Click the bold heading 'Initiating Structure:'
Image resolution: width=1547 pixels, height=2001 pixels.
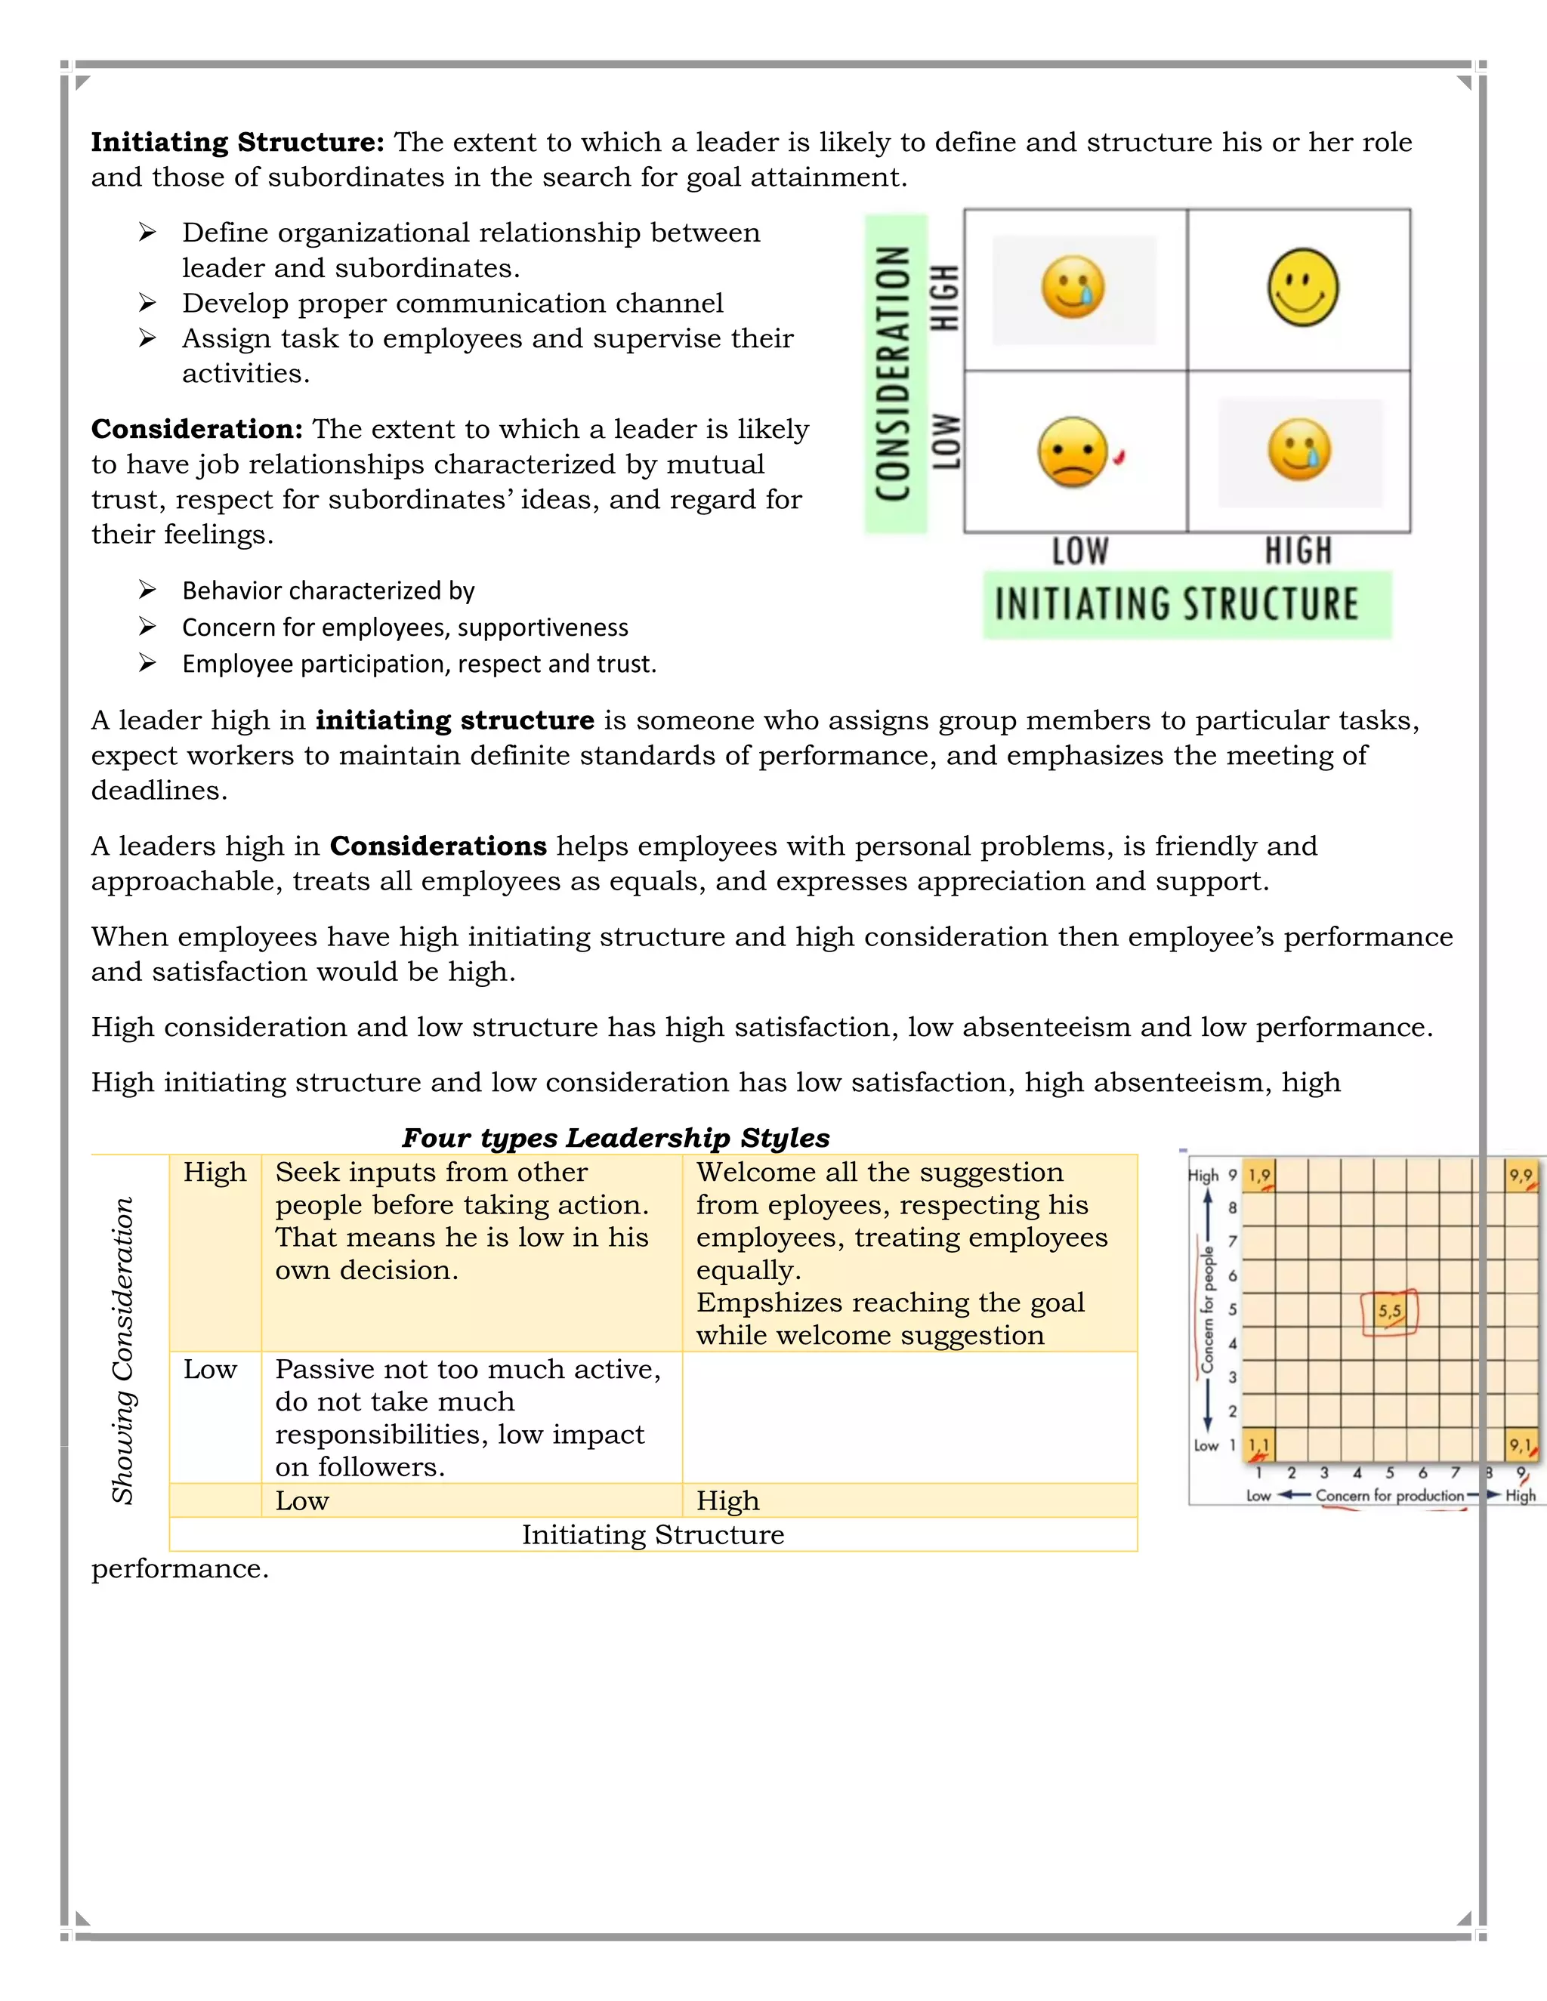click(236, 143)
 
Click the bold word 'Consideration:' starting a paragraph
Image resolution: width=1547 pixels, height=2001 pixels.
click(196, 430)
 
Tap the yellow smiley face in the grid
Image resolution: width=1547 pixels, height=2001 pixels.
click(1302, 288)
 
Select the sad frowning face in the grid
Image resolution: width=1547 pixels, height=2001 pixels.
click(1073, 452)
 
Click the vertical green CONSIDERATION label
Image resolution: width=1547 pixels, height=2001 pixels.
click(895, 374)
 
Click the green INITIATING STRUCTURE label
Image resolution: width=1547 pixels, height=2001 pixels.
click(1186, 605)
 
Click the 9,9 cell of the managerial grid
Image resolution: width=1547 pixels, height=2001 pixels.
click(1521, 1176)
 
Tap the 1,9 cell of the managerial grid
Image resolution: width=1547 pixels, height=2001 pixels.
click(1260, 1176)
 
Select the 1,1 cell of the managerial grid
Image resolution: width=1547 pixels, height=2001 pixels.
click(1260, 1446)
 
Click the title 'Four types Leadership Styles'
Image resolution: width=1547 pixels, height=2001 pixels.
click(615, 1138)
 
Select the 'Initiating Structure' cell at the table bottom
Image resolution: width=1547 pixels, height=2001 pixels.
click(653, 1534)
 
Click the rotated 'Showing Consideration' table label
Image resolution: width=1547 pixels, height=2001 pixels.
click(123, 1351)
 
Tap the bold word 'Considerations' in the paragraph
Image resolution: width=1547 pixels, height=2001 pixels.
click(438, 846)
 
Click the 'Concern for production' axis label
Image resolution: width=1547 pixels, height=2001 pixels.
click(1389, 1496)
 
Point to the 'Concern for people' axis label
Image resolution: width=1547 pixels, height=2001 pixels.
click(1208, 1310)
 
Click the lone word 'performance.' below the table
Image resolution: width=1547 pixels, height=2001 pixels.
click(180, 1568)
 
